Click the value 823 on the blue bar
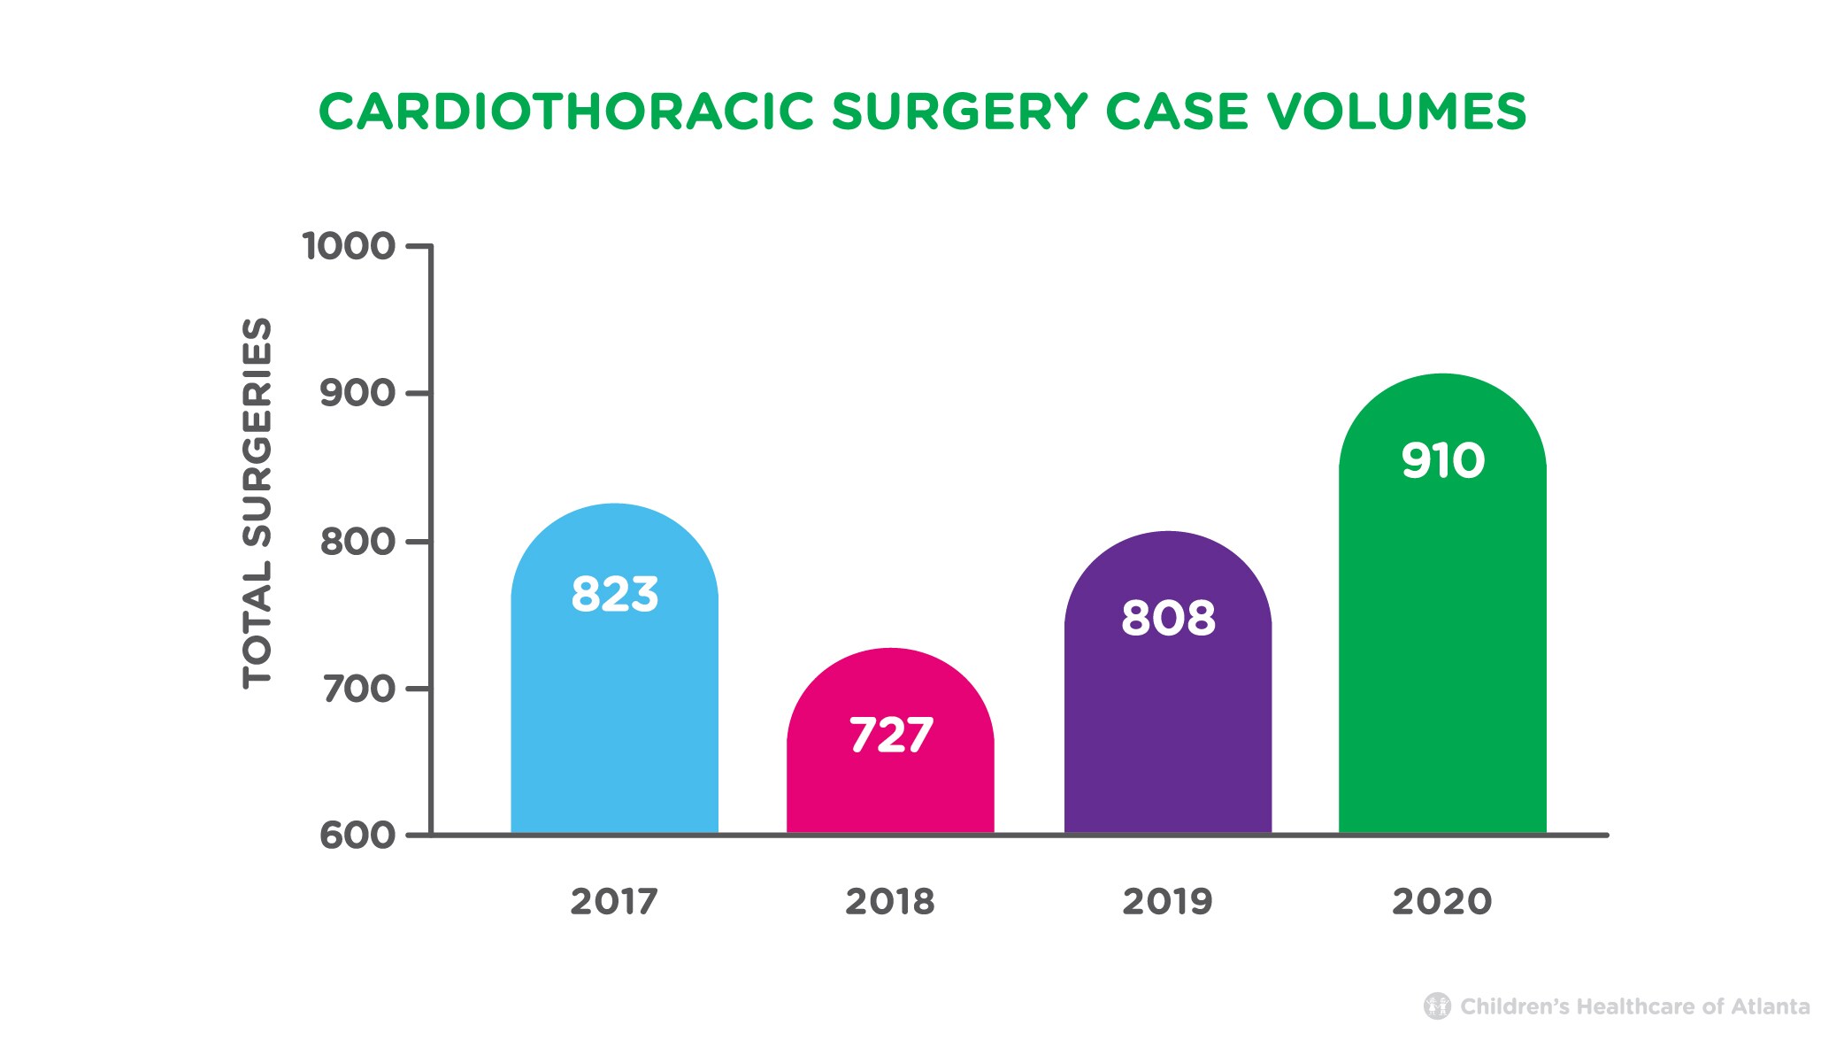click(614, 594)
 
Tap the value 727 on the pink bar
click(890, 736)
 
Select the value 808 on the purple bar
click(1167, 618)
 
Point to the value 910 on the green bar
click(1442, 461)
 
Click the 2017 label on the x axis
click(614, 902)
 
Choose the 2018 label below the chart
click(890, 902)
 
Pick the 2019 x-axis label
click(1167, 902)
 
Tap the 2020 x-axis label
click(1442, 902)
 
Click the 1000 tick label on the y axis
click(349, 246)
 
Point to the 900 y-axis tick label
click(357, 393)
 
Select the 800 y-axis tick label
click(357, 541)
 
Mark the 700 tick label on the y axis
click(357, 689)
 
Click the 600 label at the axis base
click(357, 835)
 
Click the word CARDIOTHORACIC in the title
click(566, 112)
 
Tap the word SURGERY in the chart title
click(959, 112)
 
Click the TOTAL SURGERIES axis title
click(257, 502)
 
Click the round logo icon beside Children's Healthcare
click(1437, 1006)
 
